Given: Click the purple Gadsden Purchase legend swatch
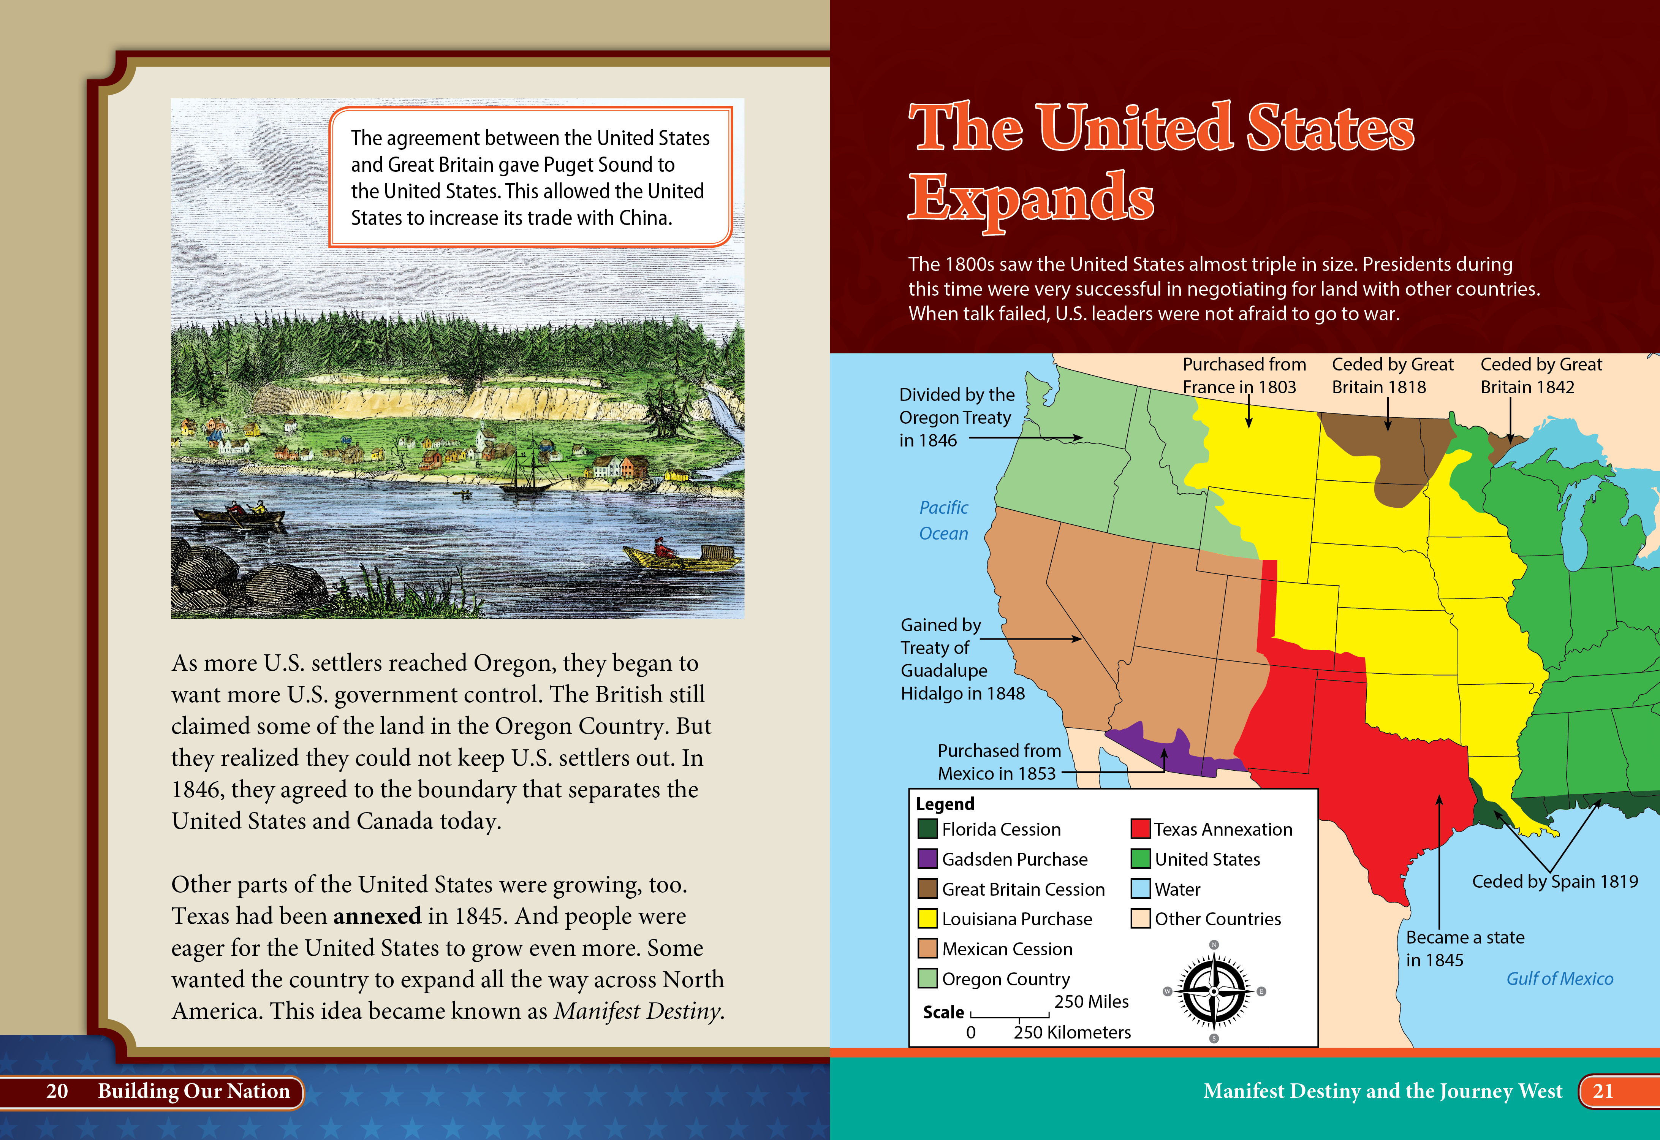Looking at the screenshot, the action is (x=927, y=858).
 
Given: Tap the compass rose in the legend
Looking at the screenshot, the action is (x=1214, y=991).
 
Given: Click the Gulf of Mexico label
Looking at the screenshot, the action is (x=1559, y=978).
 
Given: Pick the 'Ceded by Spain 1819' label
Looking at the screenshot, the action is (x=1555, y=882).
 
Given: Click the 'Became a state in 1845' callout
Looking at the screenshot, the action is (x=1465, y=948).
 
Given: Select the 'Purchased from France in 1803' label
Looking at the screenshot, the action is (x=1244, y=376).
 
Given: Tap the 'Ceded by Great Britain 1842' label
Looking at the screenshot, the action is (x=1541, y=376).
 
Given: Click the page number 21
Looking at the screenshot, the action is (x=1603, y=1091).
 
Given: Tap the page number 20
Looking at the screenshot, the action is (x=57, y=1091).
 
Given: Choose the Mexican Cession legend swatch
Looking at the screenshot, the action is (x=927, y=948).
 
